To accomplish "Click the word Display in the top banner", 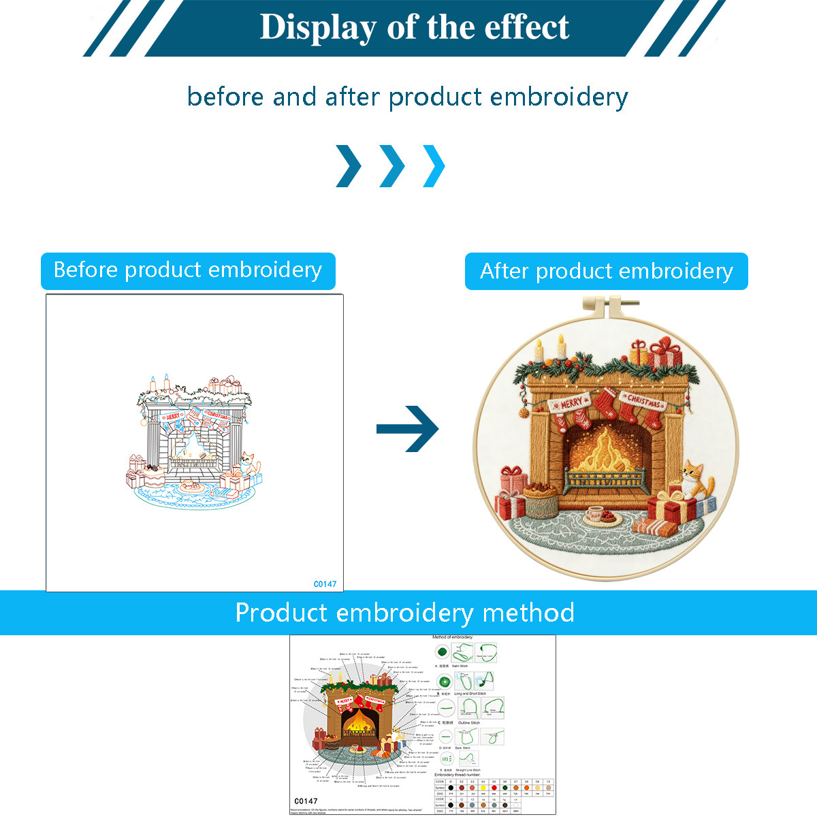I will [318, 27].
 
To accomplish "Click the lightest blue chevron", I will [434, 165].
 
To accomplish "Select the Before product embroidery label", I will [188, 270].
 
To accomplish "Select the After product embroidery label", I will [606, 271].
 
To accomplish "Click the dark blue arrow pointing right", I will [408, 428].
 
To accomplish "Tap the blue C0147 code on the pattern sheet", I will [325, 583].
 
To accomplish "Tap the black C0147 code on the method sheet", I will [306, 801].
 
